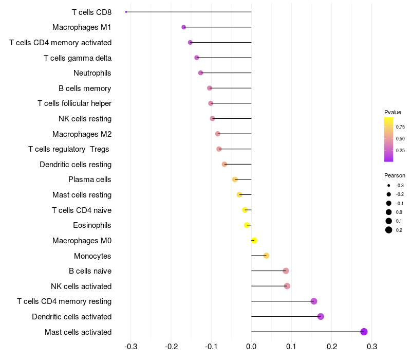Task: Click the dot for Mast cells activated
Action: [364, 332]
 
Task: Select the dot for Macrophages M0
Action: [254, 241]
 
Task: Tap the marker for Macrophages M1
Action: [184, 27]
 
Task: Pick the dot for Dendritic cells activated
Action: [321, 316]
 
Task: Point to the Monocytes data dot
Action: [266, 256]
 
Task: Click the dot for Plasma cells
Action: [235, 179]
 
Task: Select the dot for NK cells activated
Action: [287, 286]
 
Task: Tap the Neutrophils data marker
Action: [200, 73]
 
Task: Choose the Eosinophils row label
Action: [92, 225]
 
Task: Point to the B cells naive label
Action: [90, 271]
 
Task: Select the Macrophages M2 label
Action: [82, 134]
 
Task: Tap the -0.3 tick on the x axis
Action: [131, 346]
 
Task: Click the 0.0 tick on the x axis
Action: [251, 346]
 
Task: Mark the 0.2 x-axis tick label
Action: [332, 346]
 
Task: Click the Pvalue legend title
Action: [393, 112]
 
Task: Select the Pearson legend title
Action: [395, 175]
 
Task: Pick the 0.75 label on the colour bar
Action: [400, 127]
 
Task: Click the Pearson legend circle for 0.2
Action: [389, 230]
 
